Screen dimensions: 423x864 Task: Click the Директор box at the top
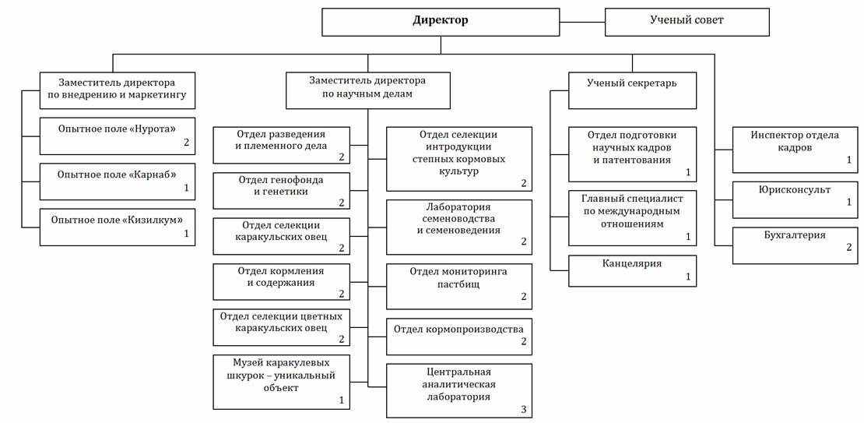tap(441, 21)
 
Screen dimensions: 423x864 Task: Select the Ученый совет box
tap(687, 21)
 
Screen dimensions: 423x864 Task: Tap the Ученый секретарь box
tap(631, 90)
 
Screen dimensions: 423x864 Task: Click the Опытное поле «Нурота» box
tap(117, 134)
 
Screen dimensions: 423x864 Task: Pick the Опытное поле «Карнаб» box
tap(117, 180)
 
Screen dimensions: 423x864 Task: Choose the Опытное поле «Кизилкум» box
tap(117, 226)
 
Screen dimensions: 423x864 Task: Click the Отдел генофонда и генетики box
tap(281, 191)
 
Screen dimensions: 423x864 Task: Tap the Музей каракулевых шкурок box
tap(281, 381)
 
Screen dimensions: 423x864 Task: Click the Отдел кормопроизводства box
tap(459, 333)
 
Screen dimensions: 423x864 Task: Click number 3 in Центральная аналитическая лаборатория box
tap(524, 409)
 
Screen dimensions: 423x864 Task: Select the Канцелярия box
tap(631, 270)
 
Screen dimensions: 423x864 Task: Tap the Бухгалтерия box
tap(795, 245)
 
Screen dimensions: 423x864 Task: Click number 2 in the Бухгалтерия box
tap(849, 247)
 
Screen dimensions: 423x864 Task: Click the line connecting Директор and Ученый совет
tap(582, 21)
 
